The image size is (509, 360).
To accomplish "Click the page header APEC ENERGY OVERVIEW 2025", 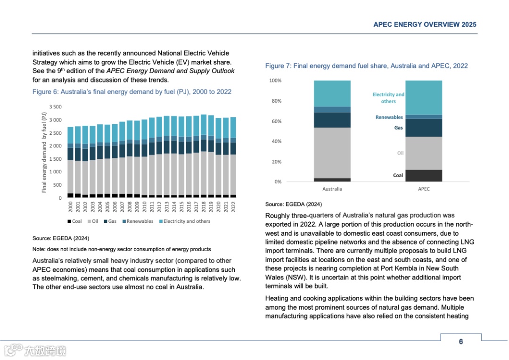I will [425, 25].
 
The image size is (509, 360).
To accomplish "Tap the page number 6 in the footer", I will [461, 342].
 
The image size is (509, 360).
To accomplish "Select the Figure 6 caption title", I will [132, 91].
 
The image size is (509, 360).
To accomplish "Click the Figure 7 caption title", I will [366, 66].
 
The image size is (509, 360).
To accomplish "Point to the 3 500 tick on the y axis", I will [56, 107].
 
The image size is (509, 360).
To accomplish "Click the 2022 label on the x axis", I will [233, 206].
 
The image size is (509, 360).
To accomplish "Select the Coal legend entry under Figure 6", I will [74, 221].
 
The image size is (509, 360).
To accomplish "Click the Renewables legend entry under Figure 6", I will [137, 221].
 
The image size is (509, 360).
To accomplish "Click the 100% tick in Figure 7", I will [275, 81].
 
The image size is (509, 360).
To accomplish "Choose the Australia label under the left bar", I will [332, 189].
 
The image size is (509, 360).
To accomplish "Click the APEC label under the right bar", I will [424, 189].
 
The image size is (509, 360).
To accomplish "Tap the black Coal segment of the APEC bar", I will [424, 176].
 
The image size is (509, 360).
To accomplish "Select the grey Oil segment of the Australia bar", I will [332, 153].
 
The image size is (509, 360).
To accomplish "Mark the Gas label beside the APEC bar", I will [398, 128].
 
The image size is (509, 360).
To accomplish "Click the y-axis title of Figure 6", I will [44, 152].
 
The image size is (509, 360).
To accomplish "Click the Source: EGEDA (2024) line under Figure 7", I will [294, 205].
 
